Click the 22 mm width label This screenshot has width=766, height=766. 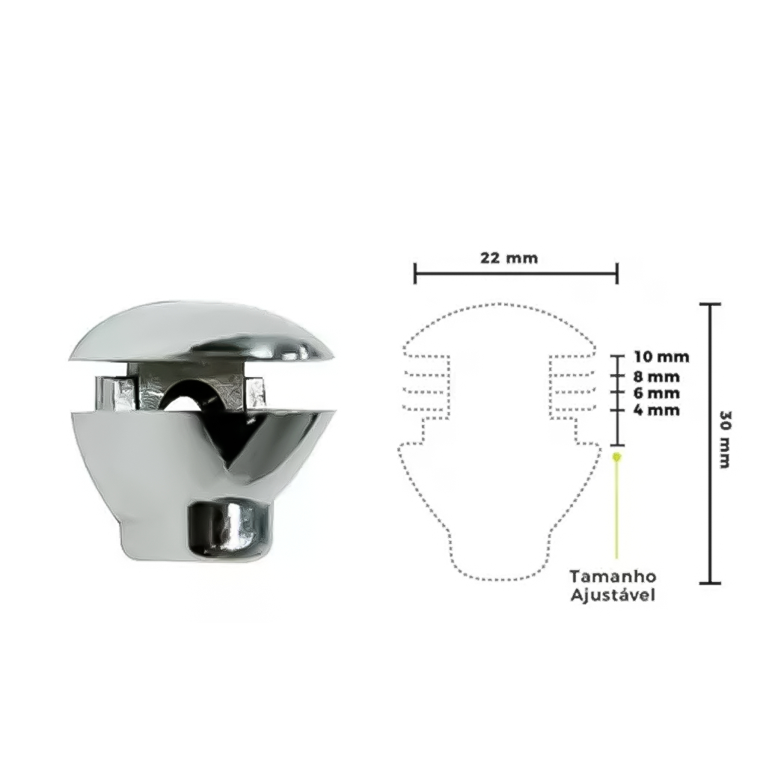click(509, 257)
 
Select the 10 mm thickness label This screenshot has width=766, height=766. click(661, 357)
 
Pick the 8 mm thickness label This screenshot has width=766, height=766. click(657, 377)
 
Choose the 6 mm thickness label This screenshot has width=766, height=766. click(657, 393)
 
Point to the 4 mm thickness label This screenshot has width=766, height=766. click(657, 410)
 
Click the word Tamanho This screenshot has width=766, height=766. click(613, 577)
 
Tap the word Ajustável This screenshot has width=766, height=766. click(613, 595)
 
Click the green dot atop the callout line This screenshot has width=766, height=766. click(617, 457)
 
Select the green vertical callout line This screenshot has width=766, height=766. click(617, 508)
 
